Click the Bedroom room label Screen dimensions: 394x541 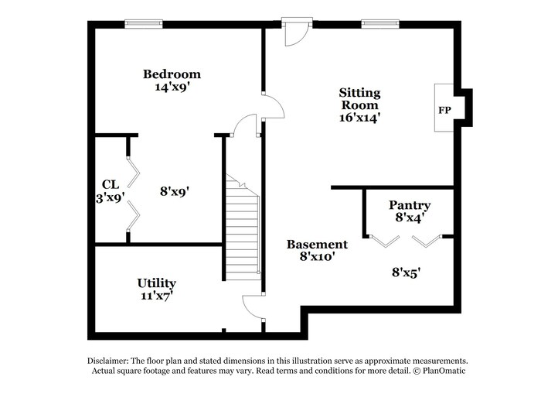pos(172,74)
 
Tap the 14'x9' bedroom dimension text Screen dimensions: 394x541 pos(172,87)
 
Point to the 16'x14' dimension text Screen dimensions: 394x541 pos(359,118)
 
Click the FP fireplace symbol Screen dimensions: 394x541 pos(444,110)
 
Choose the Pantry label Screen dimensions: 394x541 pos(409,205)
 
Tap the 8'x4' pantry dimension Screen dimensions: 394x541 pos(409,218)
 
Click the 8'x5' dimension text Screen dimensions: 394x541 pos(406,272)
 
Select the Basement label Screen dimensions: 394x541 pos(311,244)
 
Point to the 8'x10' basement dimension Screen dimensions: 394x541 pos(311,256)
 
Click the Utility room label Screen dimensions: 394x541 pos(157,283)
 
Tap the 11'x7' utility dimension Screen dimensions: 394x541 pos(157,296)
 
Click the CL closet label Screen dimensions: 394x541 pos(110,184)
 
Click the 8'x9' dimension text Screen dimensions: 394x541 pos(175,190)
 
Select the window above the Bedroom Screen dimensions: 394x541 pos(144,24)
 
